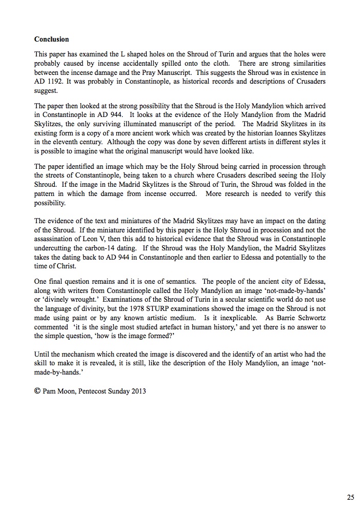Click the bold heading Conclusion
point(51,39)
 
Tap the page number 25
point(350,497)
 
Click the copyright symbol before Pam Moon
point(37,390)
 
